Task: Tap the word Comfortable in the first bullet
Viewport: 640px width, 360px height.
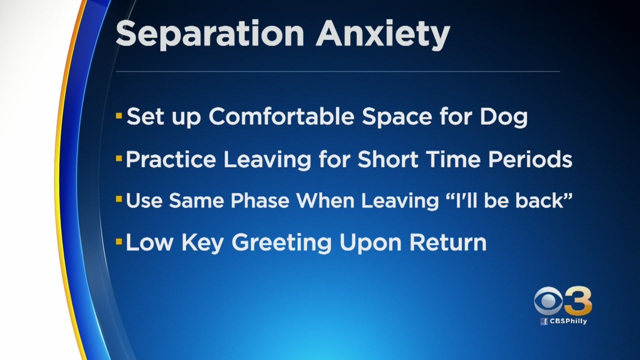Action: (x=281, y=116)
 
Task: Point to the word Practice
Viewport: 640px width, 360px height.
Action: (x=171, y=159)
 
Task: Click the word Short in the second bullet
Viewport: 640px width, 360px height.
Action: (x=387, y=159)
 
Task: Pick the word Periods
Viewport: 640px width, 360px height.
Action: (x=530, y=159)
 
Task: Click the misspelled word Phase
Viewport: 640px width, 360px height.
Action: (x=260, y=200)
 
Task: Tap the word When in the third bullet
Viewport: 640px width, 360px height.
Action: (x=325, y=200)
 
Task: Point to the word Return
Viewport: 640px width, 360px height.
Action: (x=447, y=242)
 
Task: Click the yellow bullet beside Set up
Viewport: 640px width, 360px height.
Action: (x=119, y=116)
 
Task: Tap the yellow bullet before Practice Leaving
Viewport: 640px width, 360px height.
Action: (x=119, y=158)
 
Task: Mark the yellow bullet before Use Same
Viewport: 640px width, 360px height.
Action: (x=119, y=199)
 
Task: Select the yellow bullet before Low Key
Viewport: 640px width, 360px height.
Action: (x=119, y=241)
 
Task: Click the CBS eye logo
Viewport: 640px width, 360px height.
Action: (x=548, y=301)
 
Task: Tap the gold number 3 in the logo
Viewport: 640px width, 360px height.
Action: (x=578, y=300)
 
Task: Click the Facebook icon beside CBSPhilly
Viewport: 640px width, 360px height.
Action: (x=544, y=321)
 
